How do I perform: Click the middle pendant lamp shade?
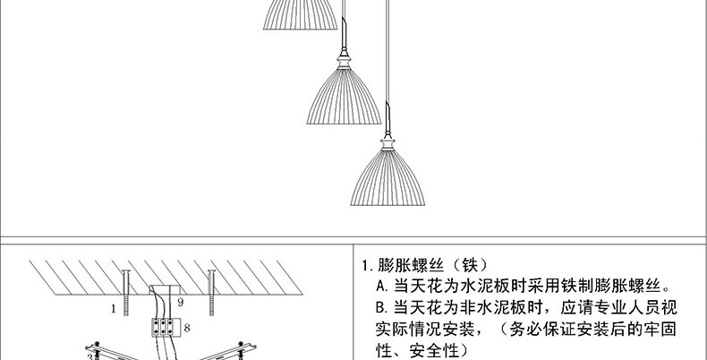[344, 99]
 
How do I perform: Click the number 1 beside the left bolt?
[114, 309]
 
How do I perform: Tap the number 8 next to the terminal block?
[186, 329]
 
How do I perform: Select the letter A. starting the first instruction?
[385, 287]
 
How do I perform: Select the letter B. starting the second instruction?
[385, 307]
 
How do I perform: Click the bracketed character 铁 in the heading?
[472, 266]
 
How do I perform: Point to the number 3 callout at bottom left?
[89, 356]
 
